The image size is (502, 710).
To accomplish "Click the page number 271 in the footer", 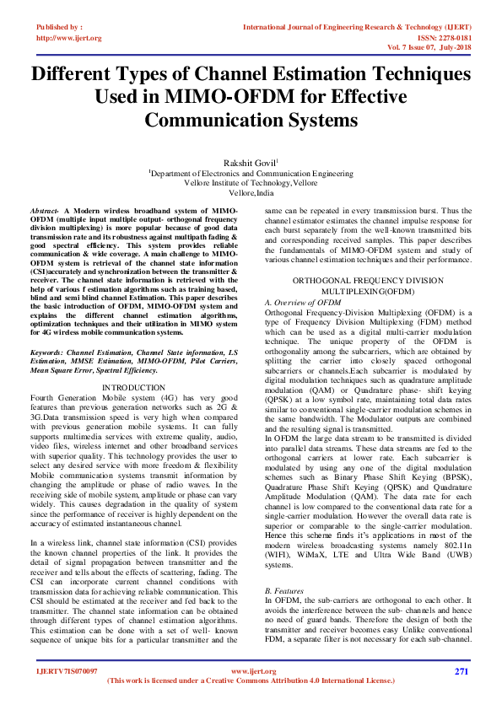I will (x=461, y=671).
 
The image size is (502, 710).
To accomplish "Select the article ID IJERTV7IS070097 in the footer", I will (x=67, y=671).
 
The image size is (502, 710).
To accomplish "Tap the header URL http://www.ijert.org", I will (x=69, y=38).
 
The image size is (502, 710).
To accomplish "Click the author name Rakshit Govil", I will (x=250, y=163).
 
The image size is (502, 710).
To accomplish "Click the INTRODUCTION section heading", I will (x=133, y=387).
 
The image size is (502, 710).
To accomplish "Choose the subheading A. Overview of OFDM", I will (x=303, y=301).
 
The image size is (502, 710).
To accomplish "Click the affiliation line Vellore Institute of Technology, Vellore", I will (x=251, y=182).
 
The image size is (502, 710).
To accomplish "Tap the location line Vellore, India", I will (x=251, y=192).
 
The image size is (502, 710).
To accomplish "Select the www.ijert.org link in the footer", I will (x=251, y=671).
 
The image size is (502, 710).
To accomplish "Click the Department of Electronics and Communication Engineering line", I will (x=251, y=173).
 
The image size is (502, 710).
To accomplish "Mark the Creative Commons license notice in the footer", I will (x=251, y=680).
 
